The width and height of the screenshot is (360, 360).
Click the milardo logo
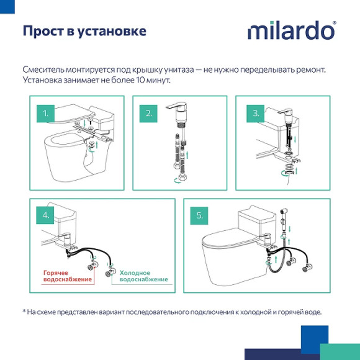[x=292, y=31]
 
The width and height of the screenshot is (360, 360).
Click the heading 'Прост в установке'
[x=84, y=30]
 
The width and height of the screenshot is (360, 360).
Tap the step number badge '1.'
[x=46, y=113]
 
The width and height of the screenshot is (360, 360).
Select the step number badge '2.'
[x=149, y=113]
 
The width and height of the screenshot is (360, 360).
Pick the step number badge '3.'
[x=256, y=113]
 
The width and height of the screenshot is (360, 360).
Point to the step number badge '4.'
[x=46, y=215]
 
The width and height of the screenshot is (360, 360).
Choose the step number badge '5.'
[x=200, y=215]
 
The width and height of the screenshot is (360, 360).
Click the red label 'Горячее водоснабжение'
[x=67, y=276]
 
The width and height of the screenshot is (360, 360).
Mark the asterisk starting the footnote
[x=24, y=312]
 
